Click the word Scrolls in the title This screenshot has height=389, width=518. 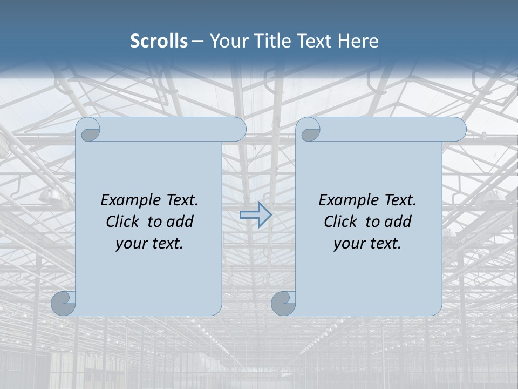click(x=159, y=41)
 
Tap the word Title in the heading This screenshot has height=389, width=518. click(x=272, y=41)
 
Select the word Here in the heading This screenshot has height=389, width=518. click(x=358, y=41)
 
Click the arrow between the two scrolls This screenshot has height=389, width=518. click(x=255, y=215)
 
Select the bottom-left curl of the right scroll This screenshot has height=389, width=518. click(x=284, y=304)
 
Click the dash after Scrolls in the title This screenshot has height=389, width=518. click(x=197, y=41)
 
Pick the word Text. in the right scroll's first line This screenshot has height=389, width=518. click(x=400, y=200)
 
